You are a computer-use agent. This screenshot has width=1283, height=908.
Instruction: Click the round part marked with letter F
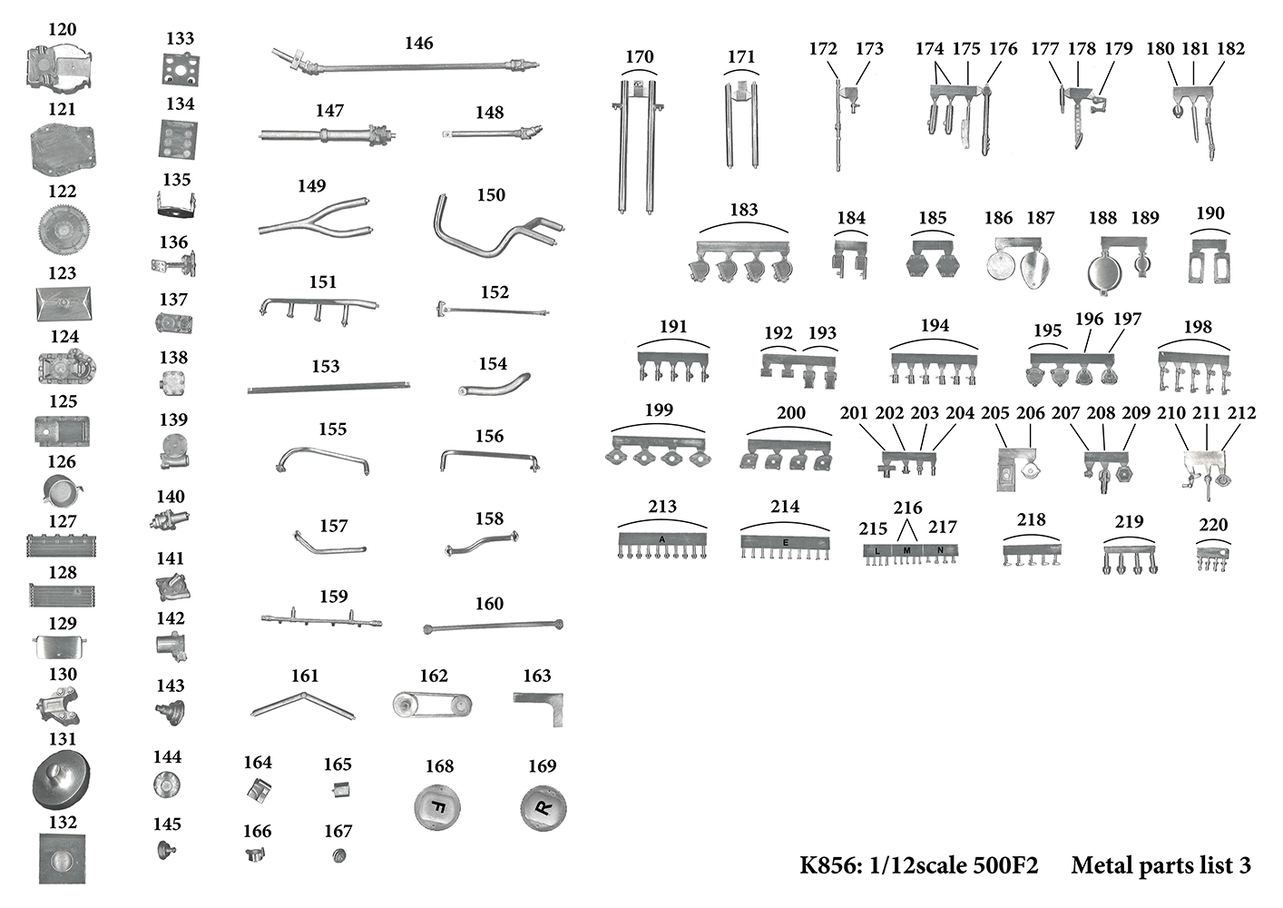(437, 807)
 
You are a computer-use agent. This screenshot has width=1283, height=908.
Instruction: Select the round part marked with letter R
(544, 808)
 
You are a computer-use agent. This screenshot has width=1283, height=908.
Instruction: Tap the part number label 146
(418, 43)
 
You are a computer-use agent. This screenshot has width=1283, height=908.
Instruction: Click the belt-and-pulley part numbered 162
(433, 705)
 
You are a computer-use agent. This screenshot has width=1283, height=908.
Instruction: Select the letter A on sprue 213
(662, 539)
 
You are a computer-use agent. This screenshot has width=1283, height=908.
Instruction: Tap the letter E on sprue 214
(785, 542)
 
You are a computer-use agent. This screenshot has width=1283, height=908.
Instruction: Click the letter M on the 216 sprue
(906, 551)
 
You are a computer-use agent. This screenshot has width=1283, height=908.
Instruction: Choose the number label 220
(1213, 525)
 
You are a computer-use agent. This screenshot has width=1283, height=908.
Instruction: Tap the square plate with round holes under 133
(181, 70)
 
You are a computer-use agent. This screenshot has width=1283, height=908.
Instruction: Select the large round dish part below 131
(62, 778)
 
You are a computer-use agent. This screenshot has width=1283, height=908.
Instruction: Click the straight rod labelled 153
(328, 388)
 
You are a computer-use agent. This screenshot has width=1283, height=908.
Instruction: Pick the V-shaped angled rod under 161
(303, 704)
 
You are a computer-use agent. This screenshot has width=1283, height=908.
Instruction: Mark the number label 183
(743, 210)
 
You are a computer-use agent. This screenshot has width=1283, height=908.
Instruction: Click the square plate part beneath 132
(62, 858)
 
